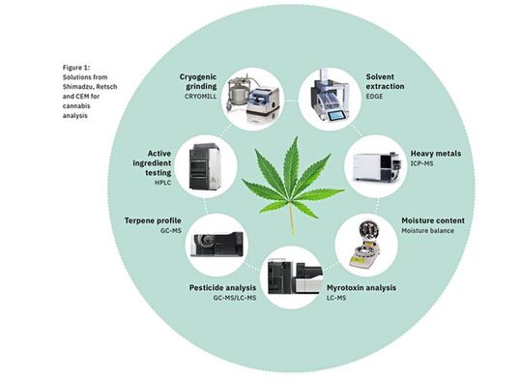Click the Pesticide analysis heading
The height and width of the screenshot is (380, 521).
pos(221,286)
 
